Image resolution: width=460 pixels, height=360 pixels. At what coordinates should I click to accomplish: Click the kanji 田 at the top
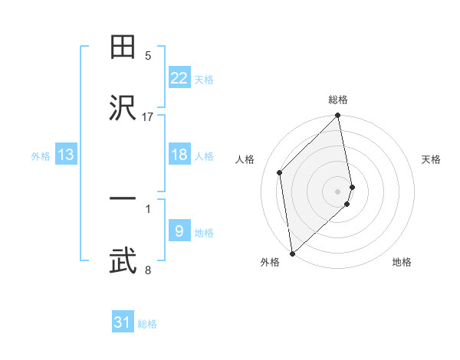(x=123, y=47)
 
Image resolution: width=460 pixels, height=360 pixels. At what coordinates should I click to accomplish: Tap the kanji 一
(x=123, y=200)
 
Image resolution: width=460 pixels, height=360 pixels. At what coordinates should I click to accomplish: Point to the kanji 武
(x=123, y=260)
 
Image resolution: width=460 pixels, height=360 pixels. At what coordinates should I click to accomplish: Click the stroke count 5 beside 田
(x=148, y=56)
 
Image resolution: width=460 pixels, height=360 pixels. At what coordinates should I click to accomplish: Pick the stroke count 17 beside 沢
(x=148, y=116)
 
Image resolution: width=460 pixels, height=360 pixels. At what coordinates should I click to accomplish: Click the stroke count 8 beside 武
(x=148, y=270)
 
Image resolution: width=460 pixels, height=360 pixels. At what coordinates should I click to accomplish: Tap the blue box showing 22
(x=179, y=78)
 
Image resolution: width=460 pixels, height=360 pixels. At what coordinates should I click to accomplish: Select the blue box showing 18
(x=179, y=155)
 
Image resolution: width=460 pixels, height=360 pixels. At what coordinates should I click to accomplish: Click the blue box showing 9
(x=179, y=231)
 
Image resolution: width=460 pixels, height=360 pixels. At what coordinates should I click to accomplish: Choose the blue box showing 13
(x=66, y=155)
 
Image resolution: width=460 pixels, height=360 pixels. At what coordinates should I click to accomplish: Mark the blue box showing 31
(x=123, y=322)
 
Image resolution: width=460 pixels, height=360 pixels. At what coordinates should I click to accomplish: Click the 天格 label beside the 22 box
(x=204, y=80)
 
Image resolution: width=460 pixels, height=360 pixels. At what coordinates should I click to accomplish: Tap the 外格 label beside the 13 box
(x=41, y=156)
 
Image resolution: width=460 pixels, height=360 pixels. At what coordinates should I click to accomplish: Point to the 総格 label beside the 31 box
(x=147, y=324)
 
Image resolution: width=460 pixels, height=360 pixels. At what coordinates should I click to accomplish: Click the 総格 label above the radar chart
(x=338, y=100)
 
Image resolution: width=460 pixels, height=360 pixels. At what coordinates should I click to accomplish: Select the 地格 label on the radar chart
(x=402, y=262)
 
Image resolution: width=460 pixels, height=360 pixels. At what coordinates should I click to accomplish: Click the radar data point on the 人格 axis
(x=280, y=172)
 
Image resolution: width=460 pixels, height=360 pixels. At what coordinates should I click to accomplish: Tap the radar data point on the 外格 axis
(x=292, y=253)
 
